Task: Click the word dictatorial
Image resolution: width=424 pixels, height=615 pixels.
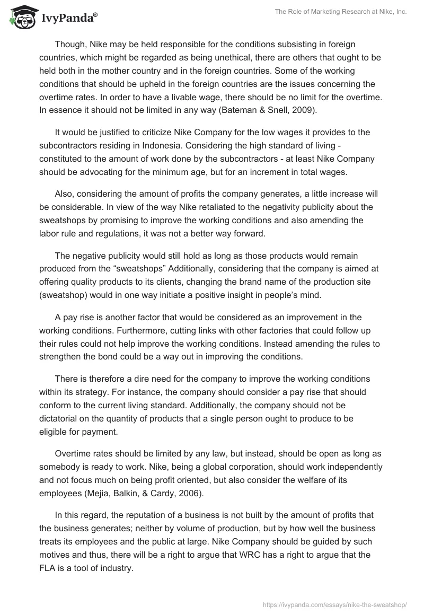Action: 60,418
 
